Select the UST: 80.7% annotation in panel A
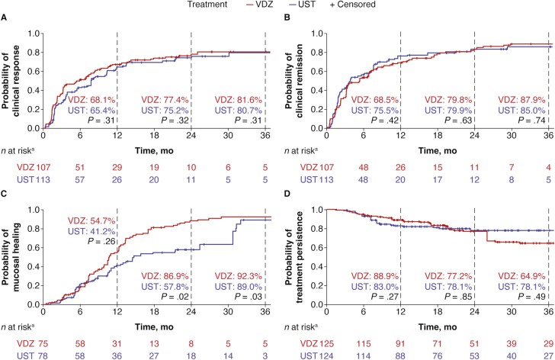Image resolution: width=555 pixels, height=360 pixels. [236, 111]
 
